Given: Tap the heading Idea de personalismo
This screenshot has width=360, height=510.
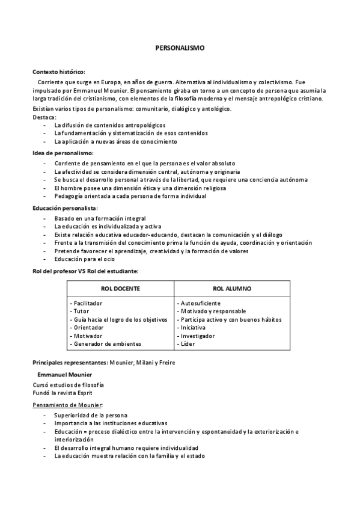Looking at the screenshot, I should (x=63, y=153).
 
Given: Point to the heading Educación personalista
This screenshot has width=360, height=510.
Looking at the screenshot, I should (x=65, y=207).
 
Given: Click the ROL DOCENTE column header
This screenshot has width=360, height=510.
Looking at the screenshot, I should (x=120, y=289).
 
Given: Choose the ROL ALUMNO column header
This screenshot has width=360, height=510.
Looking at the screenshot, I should (x=232, y=289).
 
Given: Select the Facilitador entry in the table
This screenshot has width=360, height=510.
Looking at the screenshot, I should (x=88, y=303).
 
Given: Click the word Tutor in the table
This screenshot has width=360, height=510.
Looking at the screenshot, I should (x=81, y=312).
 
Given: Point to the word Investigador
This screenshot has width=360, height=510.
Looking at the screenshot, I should (x=198, y=336).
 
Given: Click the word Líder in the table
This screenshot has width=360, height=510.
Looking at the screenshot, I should (x=188, y=344).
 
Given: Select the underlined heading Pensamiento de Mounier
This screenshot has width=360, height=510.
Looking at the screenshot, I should (x=67, y=405).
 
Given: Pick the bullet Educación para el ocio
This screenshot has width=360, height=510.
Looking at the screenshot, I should (x=84, y=259).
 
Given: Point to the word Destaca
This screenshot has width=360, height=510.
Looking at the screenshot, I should (x=43, y=117).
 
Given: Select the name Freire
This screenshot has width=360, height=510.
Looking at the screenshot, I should (x=167, y=362).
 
